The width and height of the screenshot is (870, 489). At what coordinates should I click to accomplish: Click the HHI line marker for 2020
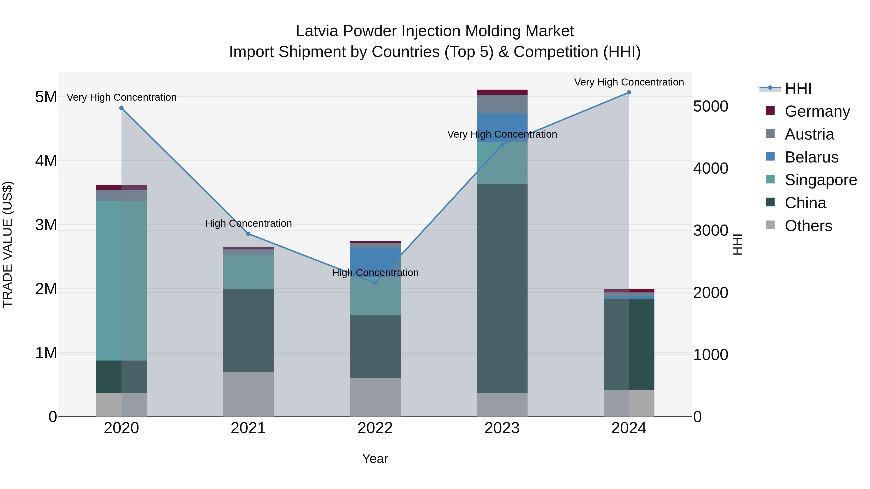122,108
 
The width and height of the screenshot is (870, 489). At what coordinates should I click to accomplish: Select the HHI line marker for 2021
248,234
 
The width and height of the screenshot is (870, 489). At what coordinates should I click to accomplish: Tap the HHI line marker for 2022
375,283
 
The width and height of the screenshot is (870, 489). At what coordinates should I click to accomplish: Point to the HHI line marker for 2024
629,92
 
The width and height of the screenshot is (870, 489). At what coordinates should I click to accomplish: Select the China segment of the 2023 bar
502,289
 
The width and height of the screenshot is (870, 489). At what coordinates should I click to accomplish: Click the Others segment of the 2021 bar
248,394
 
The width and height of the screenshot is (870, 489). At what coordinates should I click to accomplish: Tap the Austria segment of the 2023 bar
502,104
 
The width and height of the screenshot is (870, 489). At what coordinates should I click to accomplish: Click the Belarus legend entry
811,157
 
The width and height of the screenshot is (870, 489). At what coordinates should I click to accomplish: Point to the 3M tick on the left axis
46,225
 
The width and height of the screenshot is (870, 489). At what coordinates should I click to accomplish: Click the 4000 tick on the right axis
710,168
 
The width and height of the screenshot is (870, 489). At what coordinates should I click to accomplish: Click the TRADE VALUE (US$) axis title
7,244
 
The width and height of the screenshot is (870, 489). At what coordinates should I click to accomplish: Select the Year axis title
375,459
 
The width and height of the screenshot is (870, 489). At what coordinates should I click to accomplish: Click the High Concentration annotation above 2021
248,223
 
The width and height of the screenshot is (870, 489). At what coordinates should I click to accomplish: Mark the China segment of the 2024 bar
629,344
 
